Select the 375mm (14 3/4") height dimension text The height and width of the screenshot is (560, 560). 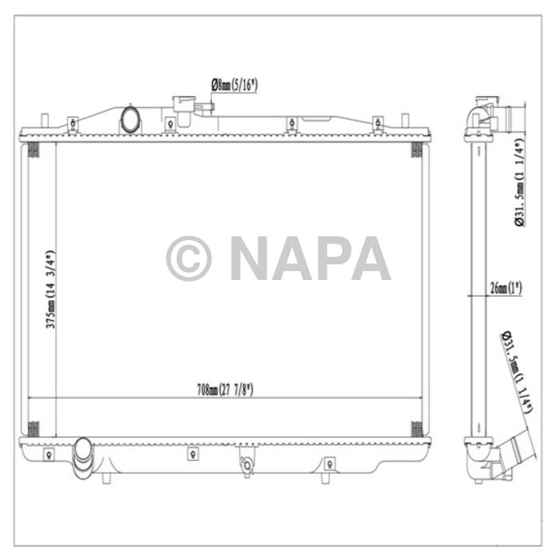click(50, 290)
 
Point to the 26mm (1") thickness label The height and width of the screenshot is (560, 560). click(504, 289)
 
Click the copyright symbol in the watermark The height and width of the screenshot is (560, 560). click(189, 258)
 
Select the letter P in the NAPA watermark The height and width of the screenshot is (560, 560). click(330, 258)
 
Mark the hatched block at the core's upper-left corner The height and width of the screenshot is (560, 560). click(33, 150)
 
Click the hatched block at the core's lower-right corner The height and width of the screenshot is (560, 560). click(415, 428)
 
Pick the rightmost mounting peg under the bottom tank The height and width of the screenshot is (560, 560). click(322, 478)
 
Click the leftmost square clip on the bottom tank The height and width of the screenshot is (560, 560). click(50, 454)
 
